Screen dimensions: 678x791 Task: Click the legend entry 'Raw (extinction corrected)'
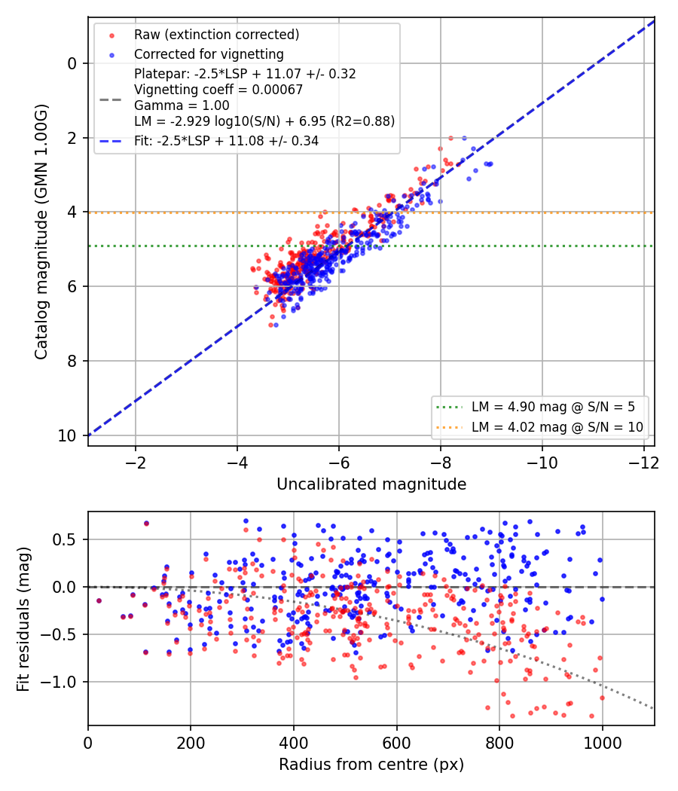[216, 35]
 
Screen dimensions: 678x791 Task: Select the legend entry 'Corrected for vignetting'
[209, 54]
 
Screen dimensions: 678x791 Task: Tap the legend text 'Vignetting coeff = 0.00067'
[218, 90]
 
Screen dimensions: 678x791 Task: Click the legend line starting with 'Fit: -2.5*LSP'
[227, 141]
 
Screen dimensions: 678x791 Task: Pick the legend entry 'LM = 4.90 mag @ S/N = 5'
[553, 407]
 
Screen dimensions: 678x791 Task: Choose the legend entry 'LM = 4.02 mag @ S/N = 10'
[557, 427]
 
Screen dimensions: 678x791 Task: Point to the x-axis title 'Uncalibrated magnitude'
[371, 484]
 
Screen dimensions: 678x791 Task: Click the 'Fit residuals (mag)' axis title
[23, 619]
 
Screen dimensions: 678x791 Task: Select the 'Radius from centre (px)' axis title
[371, 765]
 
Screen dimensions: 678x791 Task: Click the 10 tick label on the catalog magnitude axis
[67, 435]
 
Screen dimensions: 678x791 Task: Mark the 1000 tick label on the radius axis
[603, 743]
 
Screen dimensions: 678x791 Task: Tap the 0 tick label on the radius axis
[88, 743]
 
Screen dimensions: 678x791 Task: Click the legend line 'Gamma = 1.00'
[182, 105]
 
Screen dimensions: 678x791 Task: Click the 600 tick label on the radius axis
[396, 743]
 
